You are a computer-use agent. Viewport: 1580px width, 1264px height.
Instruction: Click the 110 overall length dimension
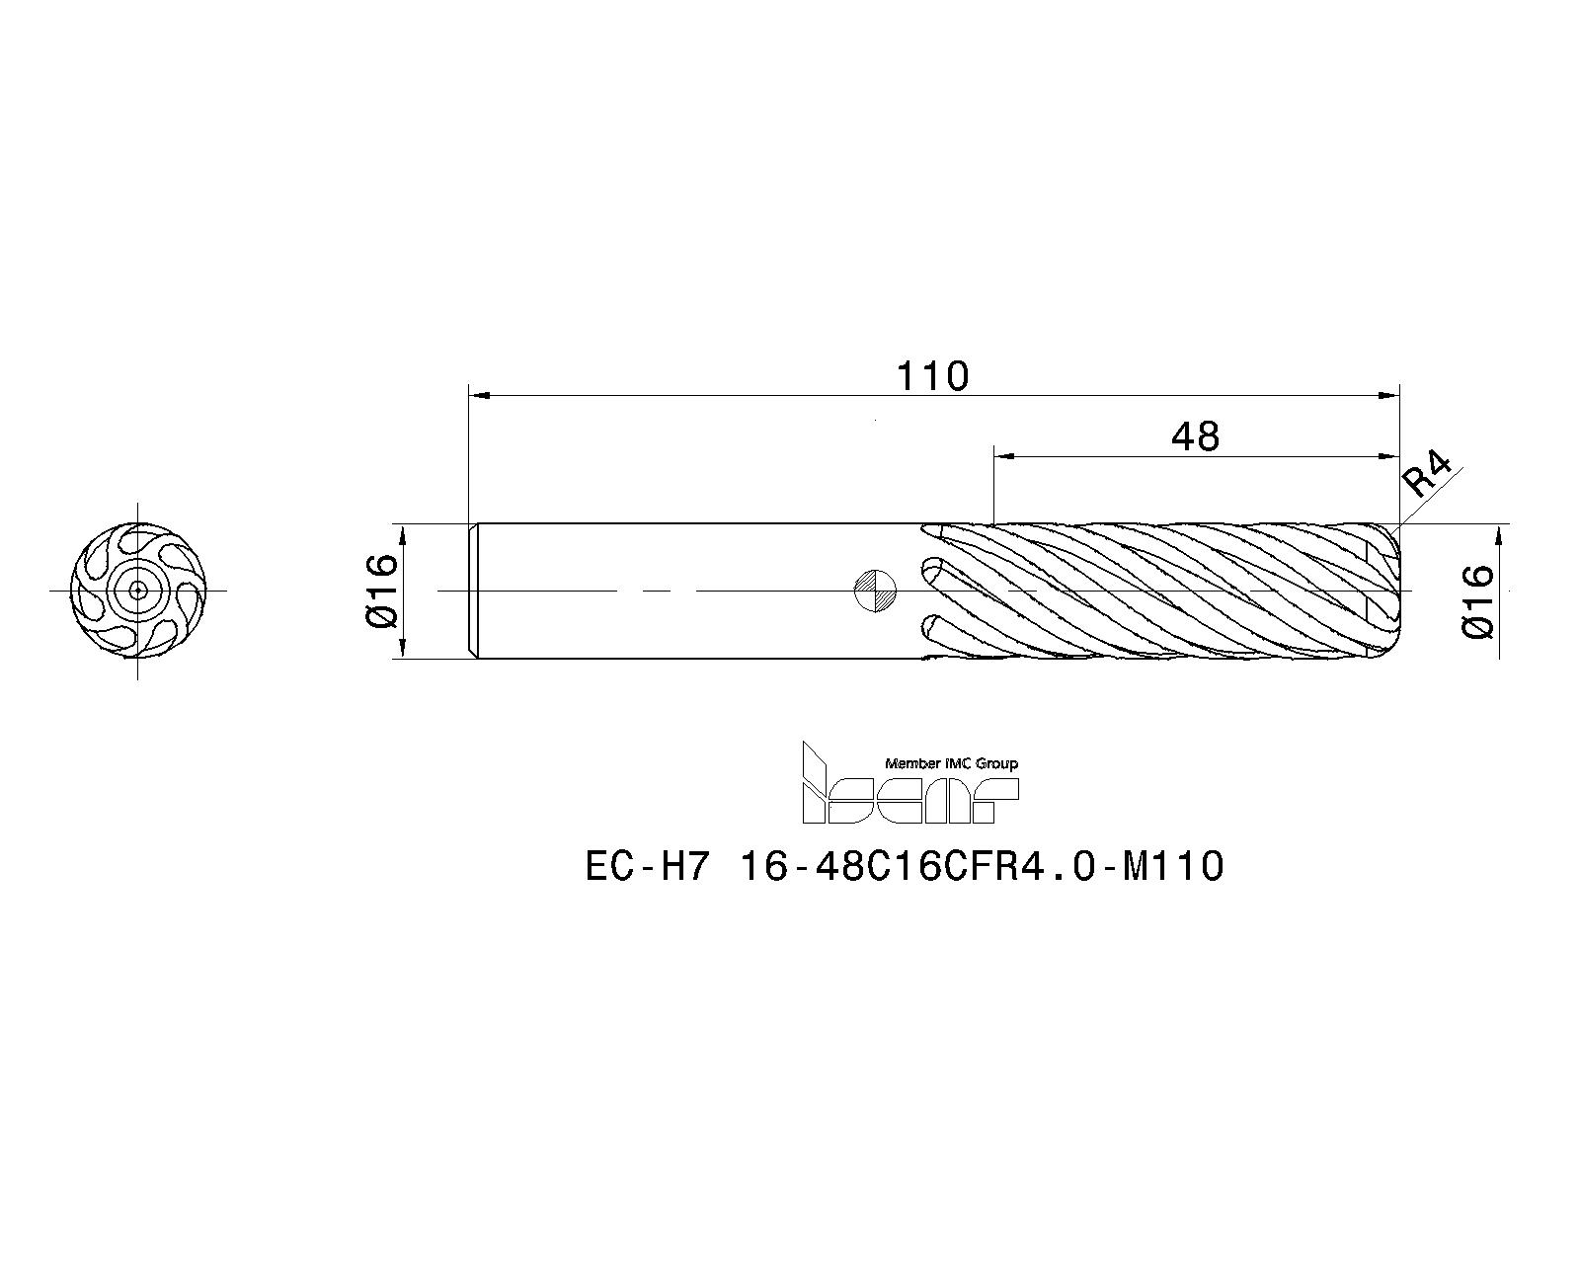932,376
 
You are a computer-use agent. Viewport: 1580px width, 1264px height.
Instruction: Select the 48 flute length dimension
1195,435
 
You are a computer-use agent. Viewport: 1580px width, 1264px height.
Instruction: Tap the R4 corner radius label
1428,475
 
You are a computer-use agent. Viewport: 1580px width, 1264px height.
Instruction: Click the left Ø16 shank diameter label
380,591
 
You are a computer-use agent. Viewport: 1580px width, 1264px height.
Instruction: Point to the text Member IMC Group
951,763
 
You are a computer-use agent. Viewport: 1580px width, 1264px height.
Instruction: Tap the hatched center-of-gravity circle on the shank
875,591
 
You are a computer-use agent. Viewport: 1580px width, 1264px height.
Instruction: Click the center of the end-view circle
137,591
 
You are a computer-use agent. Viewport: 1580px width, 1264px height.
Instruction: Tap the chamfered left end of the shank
473,591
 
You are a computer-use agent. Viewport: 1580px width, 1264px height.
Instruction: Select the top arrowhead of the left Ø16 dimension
402,534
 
